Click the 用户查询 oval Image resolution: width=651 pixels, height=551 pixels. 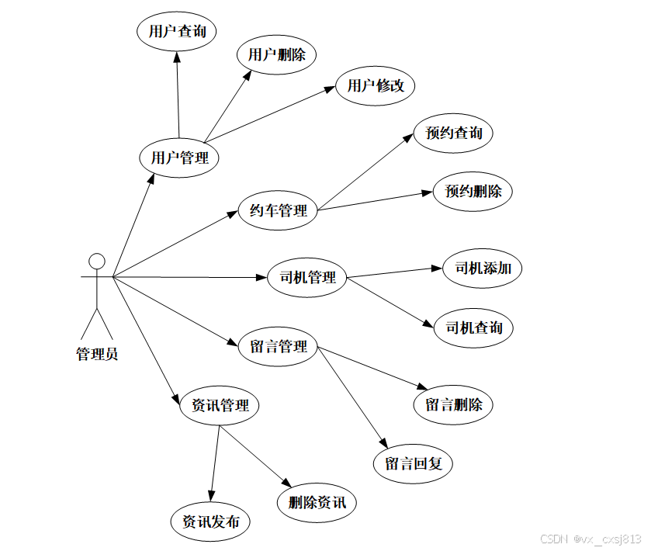tap(176, 32)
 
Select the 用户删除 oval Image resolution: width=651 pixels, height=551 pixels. tap(277, 54)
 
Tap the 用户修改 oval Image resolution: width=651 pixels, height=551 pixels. tap(376, 85)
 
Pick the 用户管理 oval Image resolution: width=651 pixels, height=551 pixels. tap(179, 158)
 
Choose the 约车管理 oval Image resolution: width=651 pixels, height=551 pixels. tap(279, 210)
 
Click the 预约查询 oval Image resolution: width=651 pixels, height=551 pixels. tap(454, 133)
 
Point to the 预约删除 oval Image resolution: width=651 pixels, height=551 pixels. tap(473, 191)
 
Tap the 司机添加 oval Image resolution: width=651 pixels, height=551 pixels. tap(483, 269)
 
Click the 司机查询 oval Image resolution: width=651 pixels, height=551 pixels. tap(474, 327)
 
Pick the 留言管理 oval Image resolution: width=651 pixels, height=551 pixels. tap(279, 346)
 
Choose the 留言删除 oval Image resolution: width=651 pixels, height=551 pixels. tap(454, 404)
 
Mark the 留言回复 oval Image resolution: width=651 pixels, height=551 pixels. tap(414, 464)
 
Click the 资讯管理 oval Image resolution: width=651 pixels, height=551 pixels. tap(220, 405)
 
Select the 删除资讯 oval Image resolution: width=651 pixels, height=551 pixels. tap(317, 502)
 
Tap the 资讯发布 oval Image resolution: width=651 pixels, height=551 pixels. tap(210, 522)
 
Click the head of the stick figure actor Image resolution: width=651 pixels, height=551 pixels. tap(96, 260)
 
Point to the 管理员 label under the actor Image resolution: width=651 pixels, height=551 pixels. tap(97, 355)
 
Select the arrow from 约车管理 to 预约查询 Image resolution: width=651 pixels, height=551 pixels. tap(365, 173)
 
